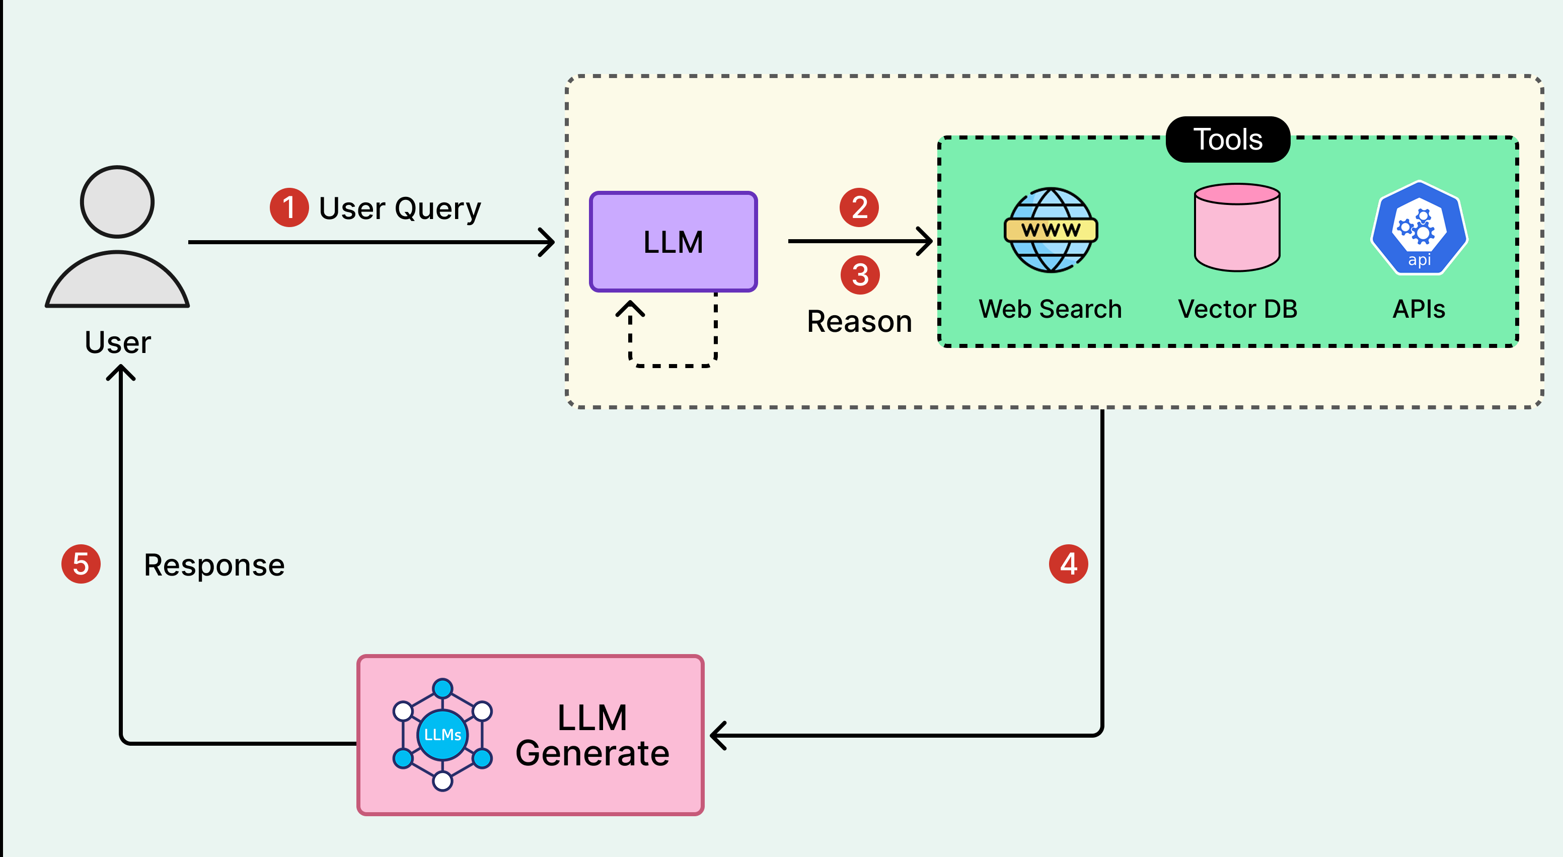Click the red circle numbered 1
point(289,207)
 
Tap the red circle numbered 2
point(859,207)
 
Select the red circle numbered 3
point(860,275)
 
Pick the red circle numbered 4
point(1069,564)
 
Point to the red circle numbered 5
point(81,564)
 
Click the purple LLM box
point(673,242)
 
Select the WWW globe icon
point(1051,230)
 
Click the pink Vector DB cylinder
point(1237,228)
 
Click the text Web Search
point(1050,309)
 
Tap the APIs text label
point(1419,309)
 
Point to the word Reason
point(859,321)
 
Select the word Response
point(214,565)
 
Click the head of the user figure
point(117,201)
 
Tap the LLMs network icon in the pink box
point(442,735)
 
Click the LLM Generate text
point(592,735)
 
